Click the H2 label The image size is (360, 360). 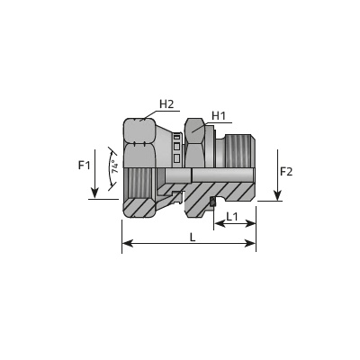tap(166, 104)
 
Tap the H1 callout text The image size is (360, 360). tap(219, 116)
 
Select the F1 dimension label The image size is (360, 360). tap(84, 165)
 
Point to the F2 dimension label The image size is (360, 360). tap(286, 172)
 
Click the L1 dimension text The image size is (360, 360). tap(232, 216)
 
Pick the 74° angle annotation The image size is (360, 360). tap(114, 166)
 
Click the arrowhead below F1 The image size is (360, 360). tap(94, 193)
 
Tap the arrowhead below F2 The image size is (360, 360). tap(278, 195)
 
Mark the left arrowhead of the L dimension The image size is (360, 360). tap(128, 243)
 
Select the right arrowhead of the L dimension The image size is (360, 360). tap(250, 243)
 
